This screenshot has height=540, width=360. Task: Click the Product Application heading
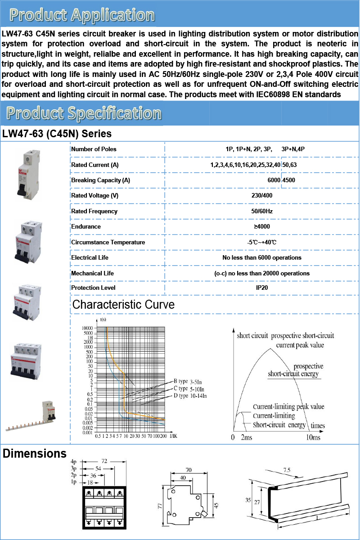pyautogui.click(x=82, y=15)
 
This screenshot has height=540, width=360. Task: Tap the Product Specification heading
pyautogui.click(x=84, y=113)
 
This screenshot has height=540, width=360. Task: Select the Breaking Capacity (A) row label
pyautogui.click(x=100, y=180)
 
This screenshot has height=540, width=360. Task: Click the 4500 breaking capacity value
pyautogui.click(x=288, y=180)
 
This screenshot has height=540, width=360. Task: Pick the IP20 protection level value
pyautogui.click(x=262, y=288)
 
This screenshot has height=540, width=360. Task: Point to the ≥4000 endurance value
pyautogui.click(x=262, y=227)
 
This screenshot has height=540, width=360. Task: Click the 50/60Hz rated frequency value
pyautogui.click(x=262, y=211)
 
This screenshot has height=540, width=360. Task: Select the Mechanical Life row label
pyautogui.click(x=92, y=274)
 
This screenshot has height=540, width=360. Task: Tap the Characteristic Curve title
pyautogui.click(x=123, y=305)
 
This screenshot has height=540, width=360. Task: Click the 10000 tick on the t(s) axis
pyautogui.click(x=87, y=328)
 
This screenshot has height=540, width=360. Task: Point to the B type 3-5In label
pyautogui.click(x=188, y=382)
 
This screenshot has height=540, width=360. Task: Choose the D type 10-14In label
pyautogui.click(x=190, y=396)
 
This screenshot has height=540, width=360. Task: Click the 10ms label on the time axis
pyautogui.click(x=313, y=437)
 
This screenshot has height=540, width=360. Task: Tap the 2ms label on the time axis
pyautogui.click(x=247, y=437)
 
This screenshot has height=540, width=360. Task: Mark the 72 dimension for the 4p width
pyautogui.click(x=104, y=461)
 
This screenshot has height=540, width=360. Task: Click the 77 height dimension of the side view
pyautogui.click(x=160, y=506)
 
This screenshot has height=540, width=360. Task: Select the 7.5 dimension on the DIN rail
pyautogui.click(x=287, y=470)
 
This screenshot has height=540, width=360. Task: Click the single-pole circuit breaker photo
pyautogui.click(x=29, y=175)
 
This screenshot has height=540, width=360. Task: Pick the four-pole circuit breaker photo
pyautogui.click(x=26, y=361)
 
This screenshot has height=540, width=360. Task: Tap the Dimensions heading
pyautogui.click(x=35, y=454)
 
